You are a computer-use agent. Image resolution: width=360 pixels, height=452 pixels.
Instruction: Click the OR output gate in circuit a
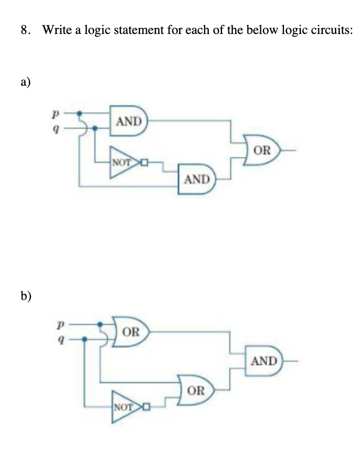(262, 150)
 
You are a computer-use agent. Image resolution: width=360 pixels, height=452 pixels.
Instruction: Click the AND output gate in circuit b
(263, 361)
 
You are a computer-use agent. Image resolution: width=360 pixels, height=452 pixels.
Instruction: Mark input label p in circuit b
(58, 324)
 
